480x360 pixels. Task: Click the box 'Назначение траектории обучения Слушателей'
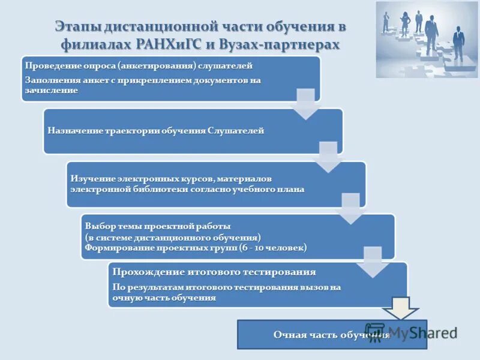[x=193, y=131]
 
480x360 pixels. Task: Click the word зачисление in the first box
[x=52, y=91]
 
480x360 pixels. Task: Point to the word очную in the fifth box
[x=127, y=298]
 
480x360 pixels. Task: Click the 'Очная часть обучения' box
[x=332, y=335]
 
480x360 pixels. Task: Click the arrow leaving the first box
[x=305, y=103]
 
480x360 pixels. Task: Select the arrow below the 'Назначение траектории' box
[x=328, y=156]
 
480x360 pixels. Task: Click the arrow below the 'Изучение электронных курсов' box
[x=350, y=208]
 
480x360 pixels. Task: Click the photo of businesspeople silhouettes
[x=427, y=40]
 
